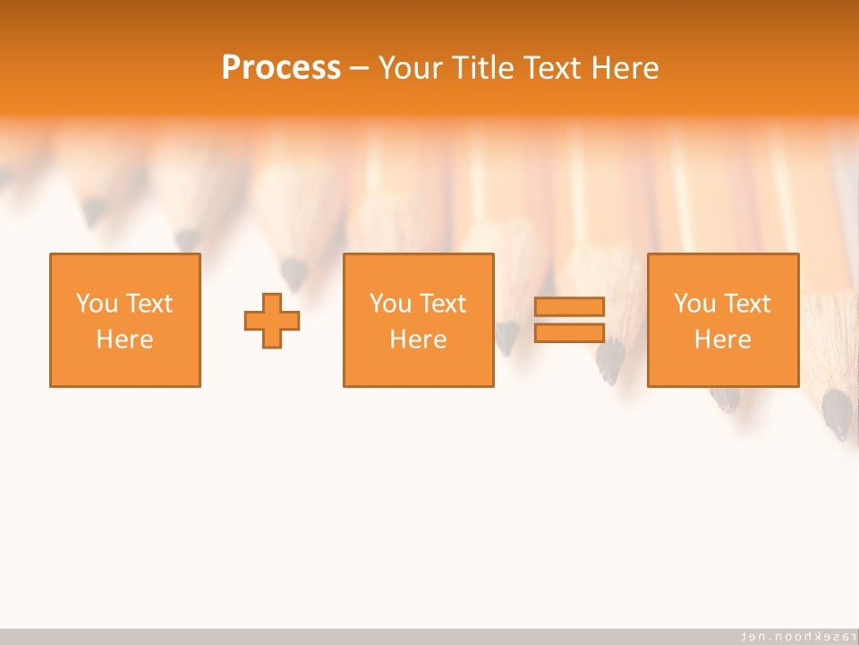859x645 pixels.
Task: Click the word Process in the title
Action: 281,68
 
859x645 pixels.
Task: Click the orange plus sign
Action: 272,320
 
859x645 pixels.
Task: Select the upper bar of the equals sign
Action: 569,307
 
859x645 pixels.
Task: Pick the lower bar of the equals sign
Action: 569,332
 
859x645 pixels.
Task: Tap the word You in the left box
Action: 97,304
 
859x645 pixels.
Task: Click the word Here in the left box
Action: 124,340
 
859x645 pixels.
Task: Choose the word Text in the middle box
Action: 443,304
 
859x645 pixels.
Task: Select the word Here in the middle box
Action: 418,340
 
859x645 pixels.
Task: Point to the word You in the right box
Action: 694,304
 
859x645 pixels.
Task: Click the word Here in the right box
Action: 722,340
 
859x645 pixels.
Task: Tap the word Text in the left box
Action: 149,304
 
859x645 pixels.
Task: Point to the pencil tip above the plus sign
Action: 293,271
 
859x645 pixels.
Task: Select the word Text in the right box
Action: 747,304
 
